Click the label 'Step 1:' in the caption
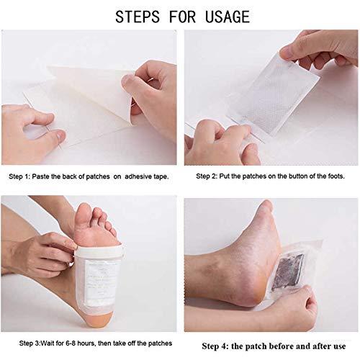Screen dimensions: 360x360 [24, 175]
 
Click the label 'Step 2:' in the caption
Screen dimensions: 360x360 [210, 175]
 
